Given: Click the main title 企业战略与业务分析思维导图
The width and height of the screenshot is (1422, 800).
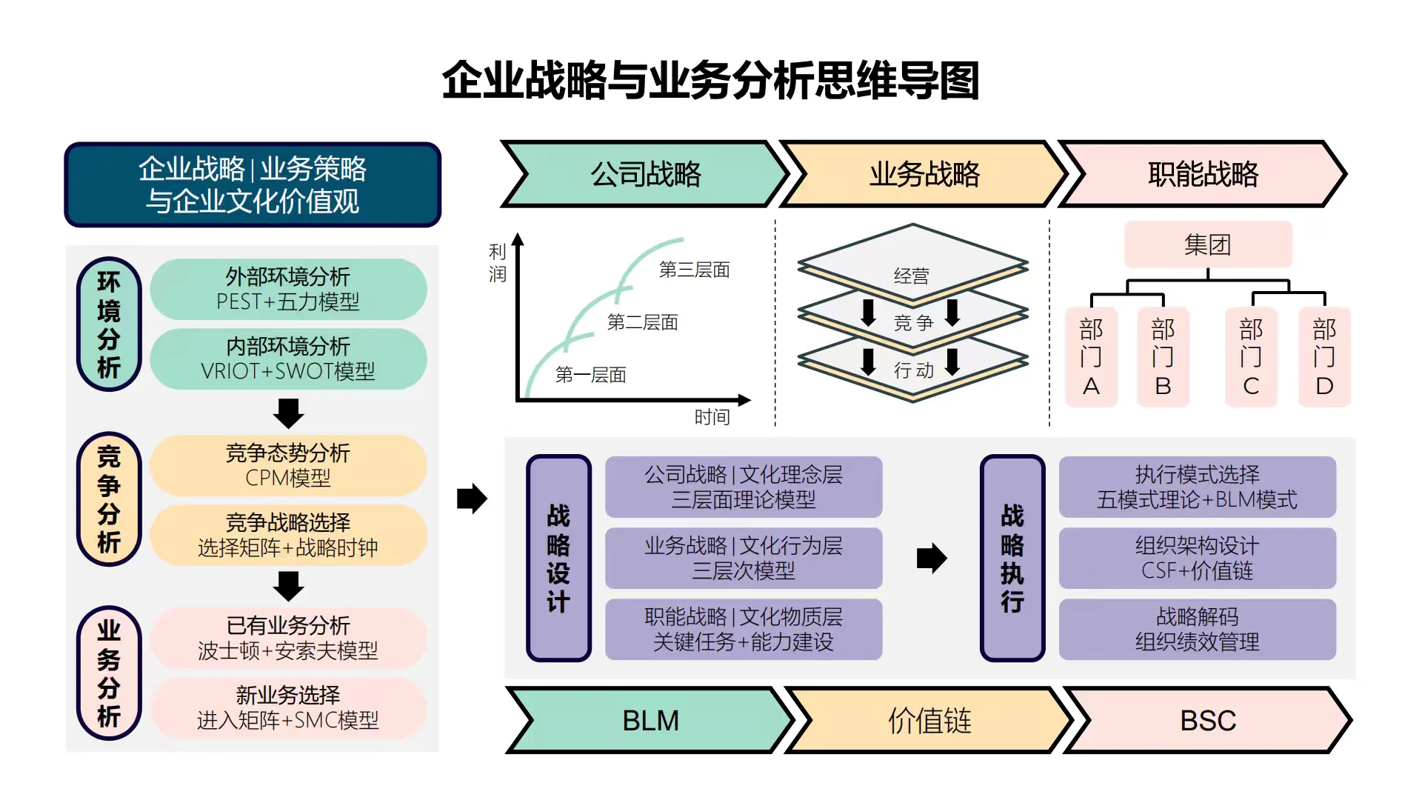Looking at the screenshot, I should [710, 80].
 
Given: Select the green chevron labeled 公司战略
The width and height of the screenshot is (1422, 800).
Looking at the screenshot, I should [645, 174].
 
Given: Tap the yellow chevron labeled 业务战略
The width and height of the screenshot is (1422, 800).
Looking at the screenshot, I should [924, 174].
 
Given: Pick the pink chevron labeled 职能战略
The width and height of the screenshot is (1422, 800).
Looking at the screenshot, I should [1203, 174].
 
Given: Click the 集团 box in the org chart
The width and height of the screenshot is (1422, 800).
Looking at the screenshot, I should [1207, 244].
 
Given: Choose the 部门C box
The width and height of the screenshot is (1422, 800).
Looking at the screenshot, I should [1250, 357].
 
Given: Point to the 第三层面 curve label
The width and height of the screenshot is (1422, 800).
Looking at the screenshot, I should [694, 270].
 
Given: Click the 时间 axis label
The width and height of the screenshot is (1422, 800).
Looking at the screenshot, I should [712, 417].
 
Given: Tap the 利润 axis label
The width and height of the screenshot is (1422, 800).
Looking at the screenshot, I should [497, 263].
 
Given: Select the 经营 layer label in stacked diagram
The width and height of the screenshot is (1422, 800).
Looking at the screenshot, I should [911, 276].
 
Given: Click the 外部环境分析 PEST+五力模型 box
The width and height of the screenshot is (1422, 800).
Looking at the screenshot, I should [288, 289].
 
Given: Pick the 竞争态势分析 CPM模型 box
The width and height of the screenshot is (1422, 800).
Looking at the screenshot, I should [288, 465].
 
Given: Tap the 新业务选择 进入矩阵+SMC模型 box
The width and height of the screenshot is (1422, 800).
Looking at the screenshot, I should [288, 707].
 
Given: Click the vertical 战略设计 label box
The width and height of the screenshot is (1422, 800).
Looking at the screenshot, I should [558, 558].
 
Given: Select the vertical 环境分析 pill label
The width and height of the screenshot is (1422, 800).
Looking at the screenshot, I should [109, 324].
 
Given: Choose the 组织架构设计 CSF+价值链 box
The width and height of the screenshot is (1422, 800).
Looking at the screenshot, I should [1197, 558].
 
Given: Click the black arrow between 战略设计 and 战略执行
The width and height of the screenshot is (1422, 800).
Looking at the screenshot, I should [931, 558].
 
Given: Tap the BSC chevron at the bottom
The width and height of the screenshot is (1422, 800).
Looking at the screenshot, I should [1207, 720].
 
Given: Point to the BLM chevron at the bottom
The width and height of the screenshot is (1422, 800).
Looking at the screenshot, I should [650, 720].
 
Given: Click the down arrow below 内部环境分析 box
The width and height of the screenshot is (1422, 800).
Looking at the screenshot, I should [288, 413].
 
